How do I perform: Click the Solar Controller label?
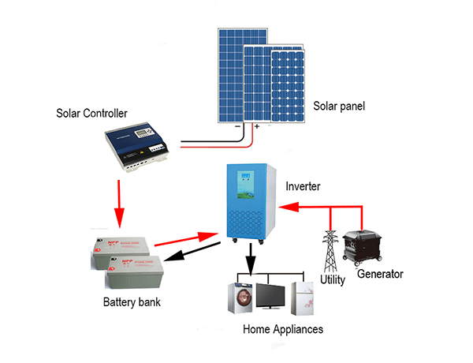91,114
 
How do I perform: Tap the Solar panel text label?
340,106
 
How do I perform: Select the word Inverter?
304,186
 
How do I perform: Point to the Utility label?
333,280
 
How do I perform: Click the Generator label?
380,274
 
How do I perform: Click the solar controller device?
137,148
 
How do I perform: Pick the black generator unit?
366,247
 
